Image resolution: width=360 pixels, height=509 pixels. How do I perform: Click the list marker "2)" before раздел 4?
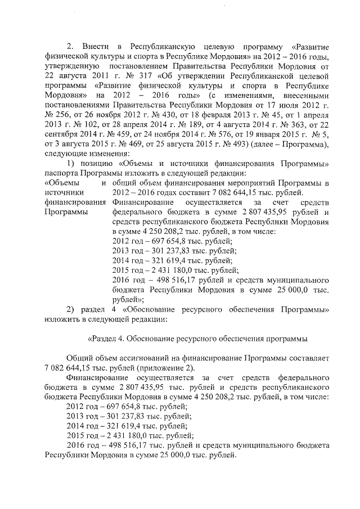click(x=71, y=309)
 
